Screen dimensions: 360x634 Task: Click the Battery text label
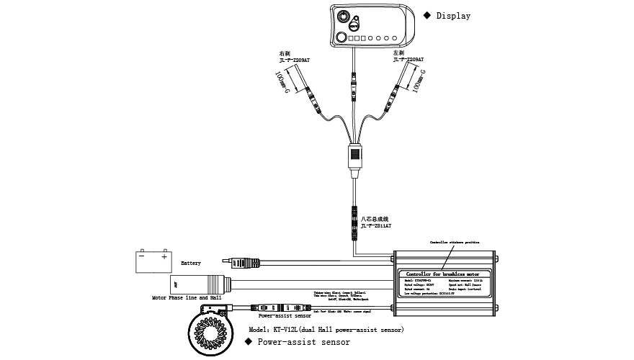tap(191, 264)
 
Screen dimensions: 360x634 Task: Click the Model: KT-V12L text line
tap(326, 329)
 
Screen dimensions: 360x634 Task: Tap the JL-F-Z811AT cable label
tap(375, 225)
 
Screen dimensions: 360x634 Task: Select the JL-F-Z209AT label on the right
tap(408, 60)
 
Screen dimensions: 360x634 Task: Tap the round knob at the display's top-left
tap(344, 16)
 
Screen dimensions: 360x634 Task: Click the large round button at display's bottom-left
tap(341, 37)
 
